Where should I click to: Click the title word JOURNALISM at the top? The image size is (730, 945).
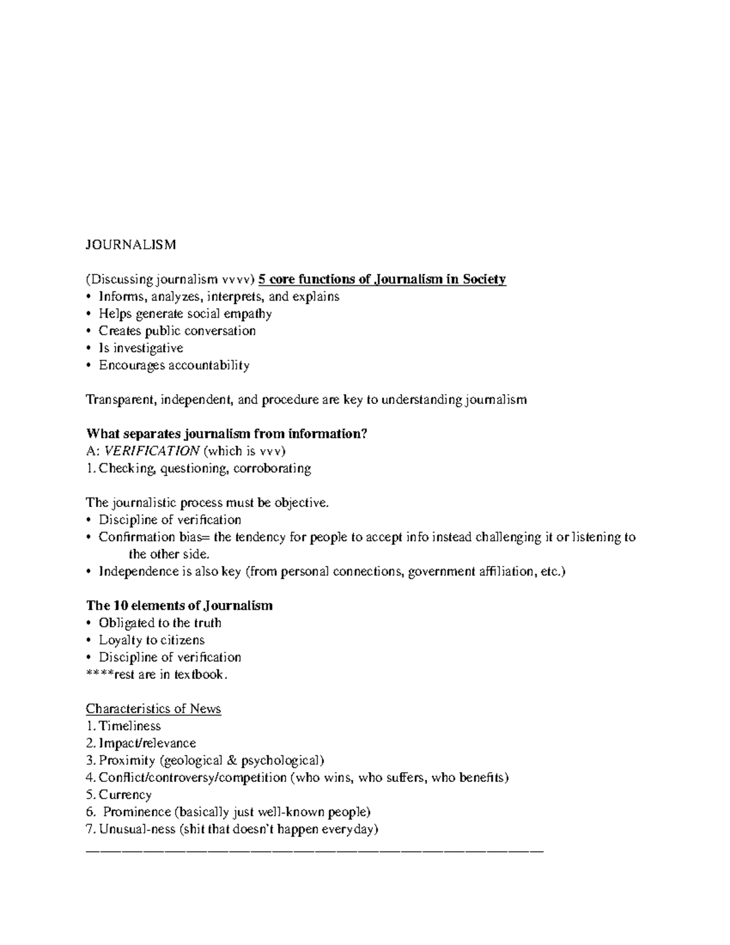(131, 245)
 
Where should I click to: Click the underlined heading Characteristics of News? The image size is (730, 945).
(153, 709)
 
